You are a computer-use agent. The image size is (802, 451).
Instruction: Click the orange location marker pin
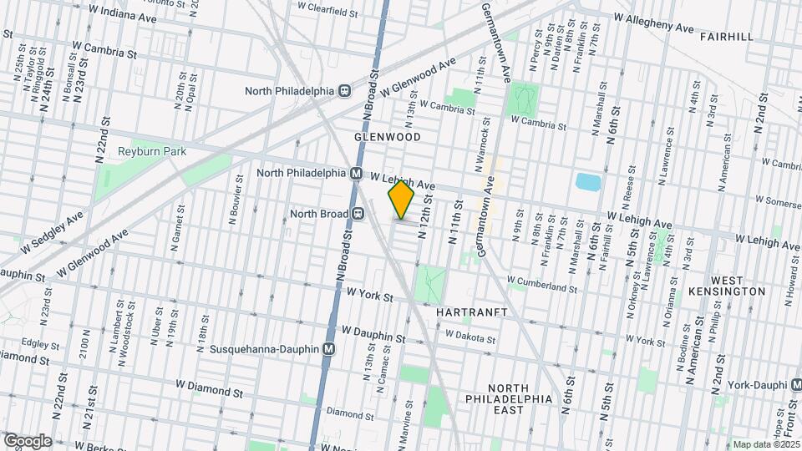(401, 200)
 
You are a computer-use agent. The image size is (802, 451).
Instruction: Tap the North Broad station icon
(358, 214)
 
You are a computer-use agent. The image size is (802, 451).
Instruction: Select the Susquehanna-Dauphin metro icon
(329, 349)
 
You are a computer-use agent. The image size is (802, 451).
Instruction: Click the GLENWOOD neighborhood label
(386, 135)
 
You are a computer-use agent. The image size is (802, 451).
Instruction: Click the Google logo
(28, 440)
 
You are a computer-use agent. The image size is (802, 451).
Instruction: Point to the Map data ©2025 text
(765, 444)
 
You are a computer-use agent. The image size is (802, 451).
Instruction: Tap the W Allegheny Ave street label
(653, 23)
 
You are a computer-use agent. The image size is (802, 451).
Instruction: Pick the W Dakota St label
(470, 335)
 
